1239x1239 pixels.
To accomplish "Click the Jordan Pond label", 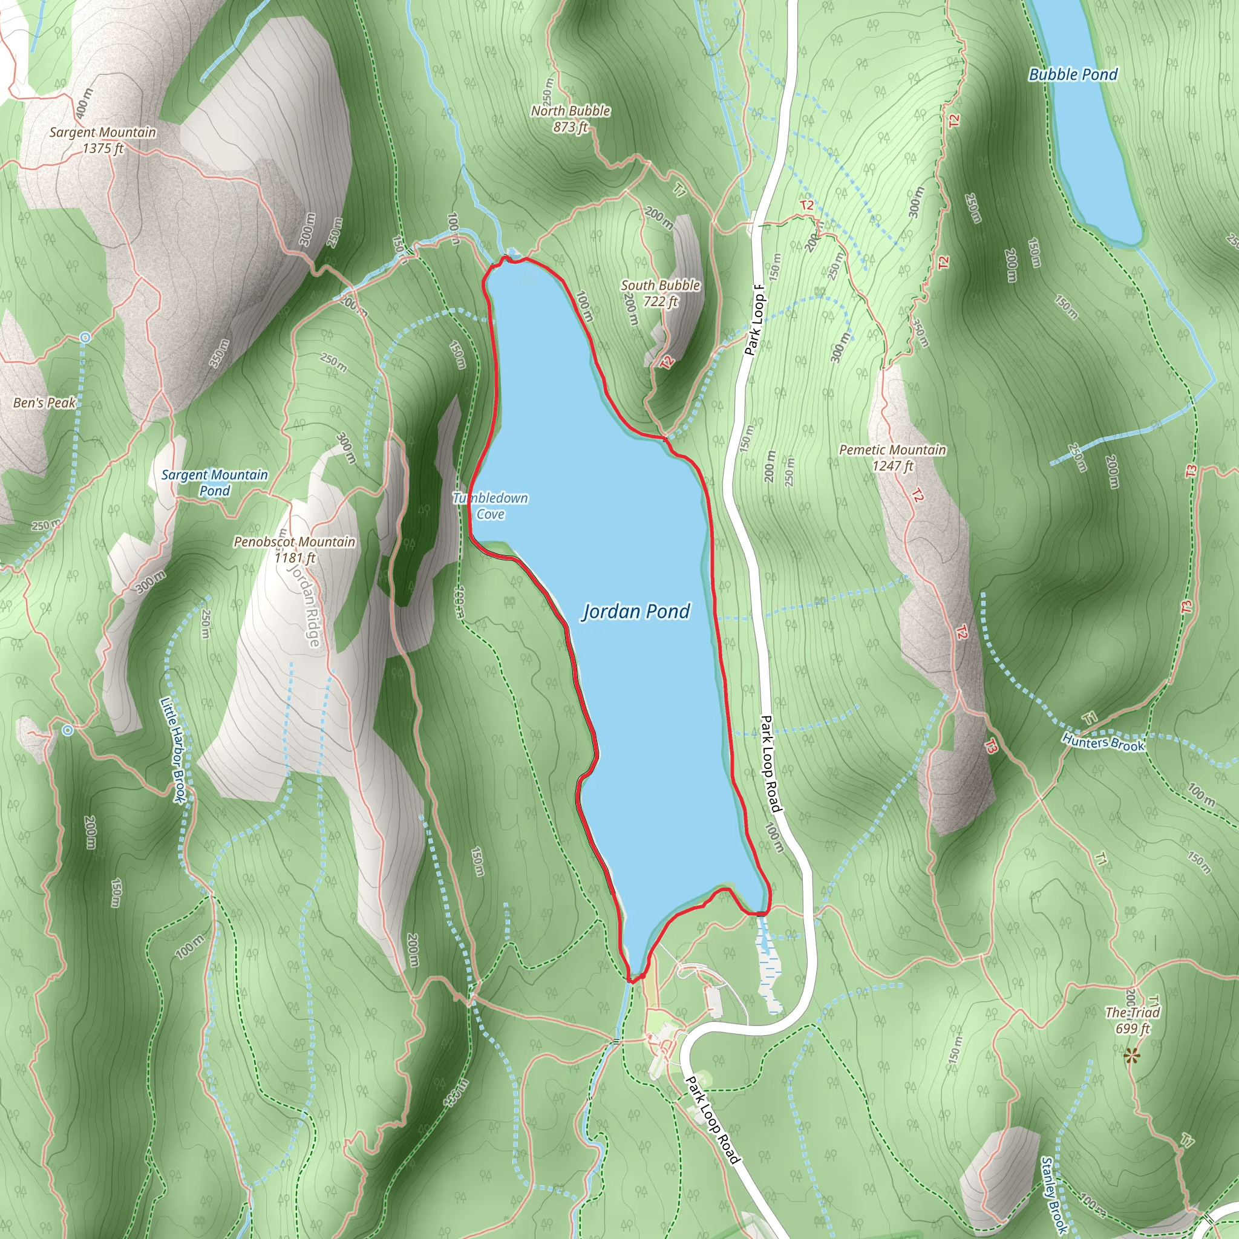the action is click(636, 612).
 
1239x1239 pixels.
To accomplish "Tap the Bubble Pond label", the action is click(1072, 75).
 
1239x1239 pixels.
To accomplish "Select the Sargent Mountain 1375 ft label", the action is click(103, 140).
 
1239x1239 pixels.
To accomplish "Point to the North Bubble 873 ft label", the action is click(570, 119).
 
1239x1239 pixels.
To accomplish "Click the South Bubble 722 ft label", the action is click(660, 293).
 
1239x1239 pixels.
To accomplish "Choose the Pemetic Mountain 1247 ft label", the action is click(892, 458).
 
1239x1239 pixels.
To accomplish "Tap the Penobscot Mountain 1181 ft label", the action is click(295, 549).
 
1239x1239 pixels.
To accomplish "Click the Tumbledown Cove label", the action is click(491, 506).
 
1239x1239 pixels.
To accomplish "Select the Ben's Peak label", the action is click(44, 403).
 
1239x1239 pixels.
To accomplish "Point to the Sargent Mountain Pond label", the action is click(214, 483).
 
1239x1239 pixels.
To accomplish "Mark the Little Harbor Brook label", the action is click(172, 750).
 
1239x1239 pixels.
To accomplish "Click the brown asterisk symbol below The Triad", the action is click(1132, 1056).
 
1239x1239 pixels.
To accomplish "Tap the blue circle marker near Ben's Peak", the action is click(85, 338).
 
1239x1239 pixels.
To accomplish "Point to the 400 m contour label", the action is click(83, 103).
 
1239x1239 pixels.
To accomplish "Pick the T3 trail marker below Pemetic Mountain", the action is click(991, 747).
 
